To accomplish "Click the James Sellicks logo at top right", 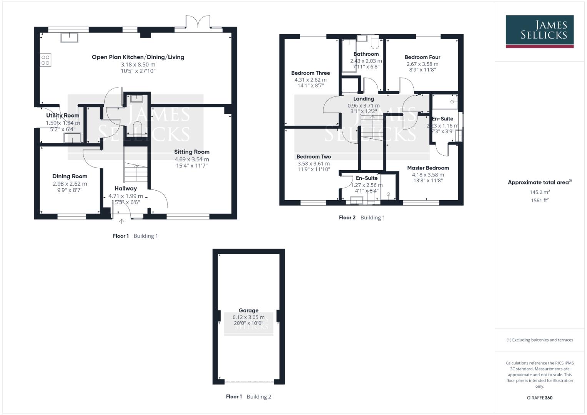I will click(539, 31).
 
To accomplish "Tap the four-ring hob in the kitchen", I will click(45, 60).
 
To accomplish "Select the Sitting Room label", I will click(191, 152).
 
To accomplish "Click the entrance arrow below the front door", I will click(122, 221).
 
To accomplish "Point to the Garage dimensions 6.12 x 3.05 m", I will click(248, 317).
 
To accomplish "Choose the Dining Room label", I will click(70, 176).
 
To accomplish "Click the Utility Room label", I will click(63, 115).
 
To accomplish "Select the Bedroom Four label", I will click(422, 57).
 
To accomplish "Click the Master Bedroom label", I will click(428, 168).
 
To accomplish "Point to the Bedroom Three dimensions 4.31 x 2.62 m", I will click(310, 80).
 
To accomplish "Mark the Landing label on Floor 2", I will click(363, 99).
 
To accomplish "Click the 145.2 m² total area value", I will click(539, 192).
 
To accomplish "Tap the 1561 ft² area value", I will click(539, 200).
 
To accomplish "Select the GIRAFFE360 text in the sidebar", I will click(539, 398).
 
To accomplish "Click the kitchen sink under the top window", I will click(69, 37).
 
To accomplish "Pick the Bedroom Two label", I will click(313, 157).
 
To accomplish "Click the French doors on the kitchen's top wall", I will click(198, 23).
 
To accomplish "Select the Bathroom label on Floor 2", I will click(366, 54).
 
